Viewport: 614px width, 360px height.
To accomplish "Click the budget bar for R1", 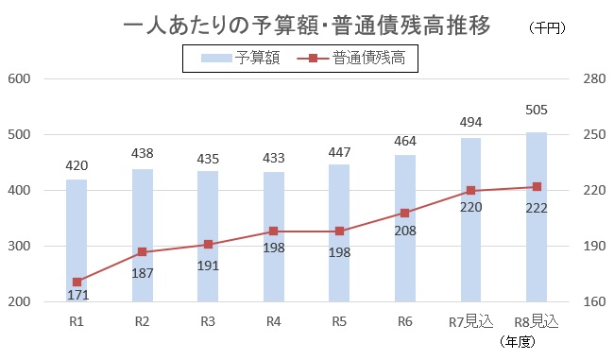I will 77,241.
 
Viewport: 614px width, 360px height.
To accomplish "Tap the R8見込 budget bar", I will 537,217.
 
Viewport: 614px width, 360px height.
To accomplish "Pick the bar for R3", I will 208,236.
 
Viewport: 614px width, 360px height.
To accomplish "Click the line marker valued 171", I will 77,282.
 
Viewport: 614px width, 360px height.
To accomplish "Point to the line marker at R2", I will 143,252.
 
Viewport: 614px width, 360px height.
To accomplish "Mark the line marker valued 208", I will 405,213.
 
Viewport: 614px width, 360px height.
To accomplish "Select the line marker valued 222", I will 537,186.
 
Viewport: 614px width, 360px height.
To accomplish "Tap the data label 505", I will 537,111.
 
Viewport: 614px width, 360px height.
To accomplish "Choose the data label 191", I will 208,261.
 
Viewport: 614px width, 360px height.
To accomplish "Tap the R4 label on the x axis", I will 274,321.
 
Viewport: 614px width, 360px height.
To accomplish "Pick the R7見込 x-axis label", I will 470,321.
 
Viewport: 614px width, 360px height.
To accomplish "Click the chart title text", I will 307,26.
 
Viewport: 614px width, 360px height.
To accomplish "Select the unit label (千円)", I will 547,29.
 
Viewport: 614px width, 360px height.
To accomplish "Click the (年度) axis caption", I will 521,341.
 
